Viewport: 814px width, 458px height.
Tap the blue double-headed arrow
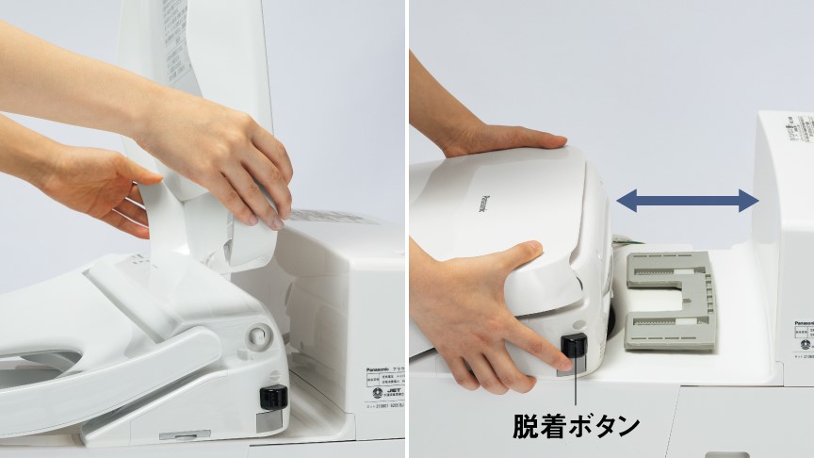pyautogui.click(x=687, y=200)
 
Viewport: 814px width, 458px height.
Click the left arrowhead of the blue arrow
pyautogui.click(x=625, y=200)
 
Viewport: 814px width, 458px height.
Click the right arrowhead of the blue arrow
pyautogui.click(x=749, y=200)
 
